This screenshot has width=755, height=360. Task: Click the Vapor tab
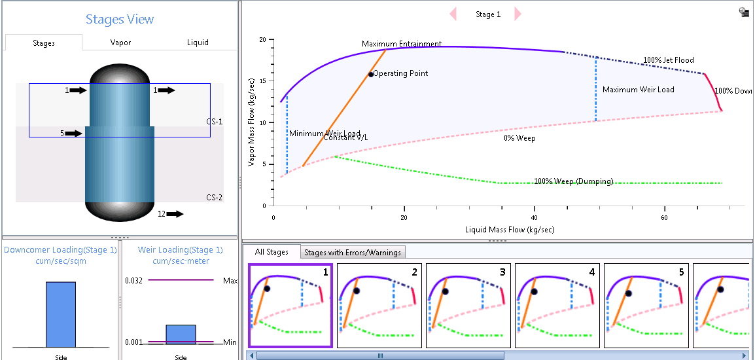pos(120,43)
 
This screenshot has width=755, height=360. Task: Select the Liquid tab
pos(198,43)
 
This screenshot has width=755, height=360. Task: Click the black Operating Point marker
pos(371,74)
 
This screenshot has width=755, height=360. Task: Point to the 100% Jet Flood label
pos(668,60)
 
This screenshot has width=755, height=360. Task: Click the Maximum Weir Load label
pos(638,90)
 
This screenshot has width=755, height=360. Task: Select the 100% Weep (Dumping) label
pos(573,181)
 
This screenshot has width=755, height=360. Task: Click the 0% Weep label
pos(517,138)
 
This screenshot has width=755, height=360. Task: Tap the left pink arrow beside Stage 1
pos(453,14)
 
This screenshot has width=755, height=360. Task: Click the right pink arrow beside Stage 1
pos(518,14)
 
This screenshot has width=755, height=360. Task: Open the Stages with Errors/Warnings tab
pos(353,252)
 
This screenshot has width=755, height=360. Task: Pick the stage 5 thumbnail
pos(646,305)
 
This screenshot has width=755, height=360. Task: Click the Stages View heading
pos(120,19)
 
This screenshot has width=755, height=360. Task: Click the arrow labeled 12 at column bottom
pos(175,213)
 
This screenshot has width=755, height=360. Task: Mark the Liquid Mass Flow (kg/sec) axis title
pos(510,230)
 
